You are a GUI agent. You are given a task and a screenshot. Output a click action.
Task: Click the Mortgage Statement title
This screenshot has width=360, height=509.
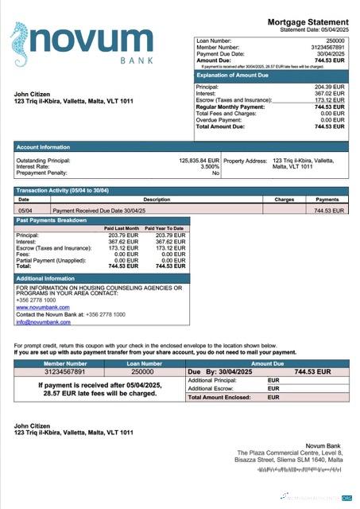coord(308,22)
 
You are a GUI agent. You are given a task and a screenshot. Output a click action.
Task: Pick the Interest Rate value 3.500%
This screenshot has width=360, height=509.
coord(209,166)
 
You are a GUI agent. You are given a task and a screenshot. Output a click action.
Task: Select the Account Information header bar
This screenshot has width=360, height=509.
coord(43,147)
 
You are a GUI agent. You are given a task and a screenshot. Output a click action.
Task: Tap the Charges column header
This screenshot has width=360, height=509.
coord(284,200)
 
